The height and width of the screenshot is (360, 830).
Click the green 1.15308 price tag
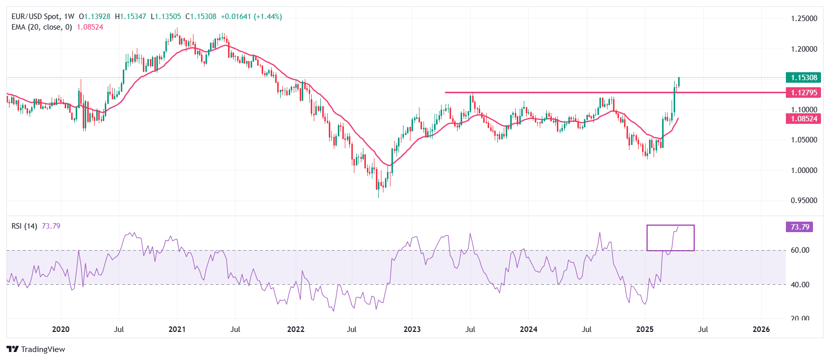(804, 78)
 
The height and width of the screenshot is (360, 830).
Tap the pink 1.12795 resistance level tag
(804, 93)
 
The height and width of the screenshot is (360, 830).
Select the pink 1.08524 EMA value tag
(804, 119)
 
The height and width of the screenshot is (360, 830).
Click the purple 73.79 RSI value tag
(799, 227)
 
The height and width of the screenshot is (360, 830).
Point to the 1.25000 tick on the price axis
(804, 19)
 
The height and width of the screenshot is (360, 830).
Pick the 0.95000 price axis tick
(804, 201)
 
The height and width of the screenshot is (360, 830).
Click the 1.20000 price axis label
(804, 49)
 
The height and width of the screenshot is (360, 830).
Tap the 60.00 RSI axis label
(800, 250)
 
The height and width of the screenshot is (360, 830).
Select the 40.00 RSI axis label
(800, 285)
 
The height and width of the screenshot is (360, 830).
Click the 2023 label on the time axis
(412, 329)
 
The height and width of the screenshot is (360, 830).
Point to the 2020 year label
(61, 329)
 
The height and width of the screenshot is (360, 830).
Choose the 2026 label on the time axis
(761, 329)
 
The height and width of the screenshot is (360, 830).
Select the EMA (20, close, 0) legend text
(42, 27)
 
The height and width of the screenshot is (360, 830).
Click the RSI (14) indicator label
(24, 226)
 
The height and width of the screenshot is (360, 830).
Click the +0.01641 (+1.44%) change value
(251, 17)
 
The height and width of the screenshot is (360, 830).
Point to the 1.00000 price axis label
(804, 170)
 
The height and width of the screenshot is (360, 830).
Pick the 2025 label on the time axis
(645, 329)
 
